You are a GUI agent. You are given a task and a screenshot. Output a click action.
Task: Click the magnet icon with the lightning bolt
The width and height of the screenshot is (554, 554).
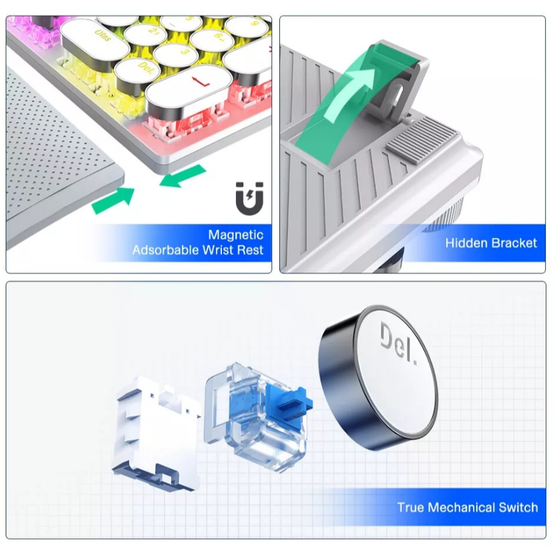(249, 198)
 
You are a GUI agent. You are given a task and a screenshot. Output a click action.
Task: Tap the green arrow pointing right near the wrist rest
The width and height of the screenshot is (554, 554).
(113, 200)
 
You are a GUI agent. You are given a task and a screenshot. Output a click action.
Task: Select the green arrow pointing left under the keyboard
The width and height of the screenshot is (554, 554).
(182, 175)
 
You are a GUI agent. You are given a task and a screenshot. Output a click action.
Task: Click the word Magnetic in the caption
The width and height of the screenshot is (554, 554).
(236, 235)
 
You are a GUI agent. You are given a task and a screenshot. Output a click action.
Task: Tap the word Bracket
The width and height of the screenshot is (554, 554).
(514, 243)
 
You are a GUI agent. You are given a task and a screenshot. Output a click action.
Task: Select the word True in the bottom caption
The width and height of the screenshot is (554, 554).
(411, 507)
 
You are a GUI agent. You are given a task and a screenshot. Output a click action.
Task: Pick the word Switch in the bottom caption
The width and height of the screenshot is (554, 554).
(518, 507)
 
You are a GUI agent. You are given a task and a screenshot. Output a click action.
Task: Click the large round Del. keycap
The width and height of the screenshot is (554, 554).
(379, 377)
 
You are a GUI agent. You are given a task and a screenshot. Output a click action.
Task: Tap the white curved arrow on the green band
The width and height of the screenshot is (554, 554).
(349, 93)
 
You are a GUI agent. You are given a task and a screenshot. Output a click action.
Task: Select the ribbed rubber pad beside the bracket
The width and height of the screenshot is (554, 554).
(421, 140)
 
